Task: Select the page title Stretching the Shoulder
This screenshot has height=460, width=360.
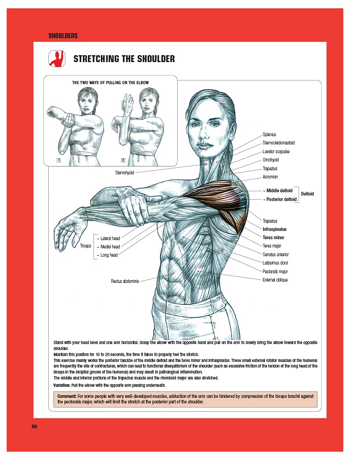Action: [x=124, y=59]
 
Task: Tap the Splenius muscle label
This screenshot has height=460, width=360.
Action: [x=269, y=134]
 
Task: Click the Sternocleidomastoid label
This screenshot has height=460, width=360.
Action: [x=279, y=143]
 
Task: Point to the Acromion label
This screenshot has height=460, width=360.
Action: [x=270, y=177]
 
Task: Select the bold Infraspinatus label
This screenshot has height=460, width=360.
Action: [x=274, y=229]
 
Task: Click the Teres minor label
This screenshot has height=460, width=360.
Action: [x=273, y=238]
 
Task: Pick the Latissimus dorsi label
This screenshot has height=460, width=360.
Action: [x=275, y=263]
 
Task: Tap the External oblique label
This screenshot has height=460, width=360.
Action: [x=275, y=280]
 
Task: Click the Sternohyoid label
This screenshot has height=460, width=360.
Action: [x=124, y=173]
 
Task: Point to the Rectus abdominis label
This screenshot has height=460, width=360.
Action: [x=125, y=281]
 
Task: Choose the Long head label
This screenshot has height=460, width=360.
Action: [x=109, y=255]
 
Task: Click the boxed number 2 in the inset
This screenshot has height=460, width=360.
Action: [x=123, y=160]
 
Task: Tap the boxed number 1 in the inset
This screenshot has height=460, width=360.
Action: [x=58, y=160]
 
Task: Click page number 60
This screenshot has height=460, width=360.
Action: [x=34, y=426]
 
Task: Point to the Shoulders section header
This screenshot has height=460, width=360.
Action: [x=63, y=35]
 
